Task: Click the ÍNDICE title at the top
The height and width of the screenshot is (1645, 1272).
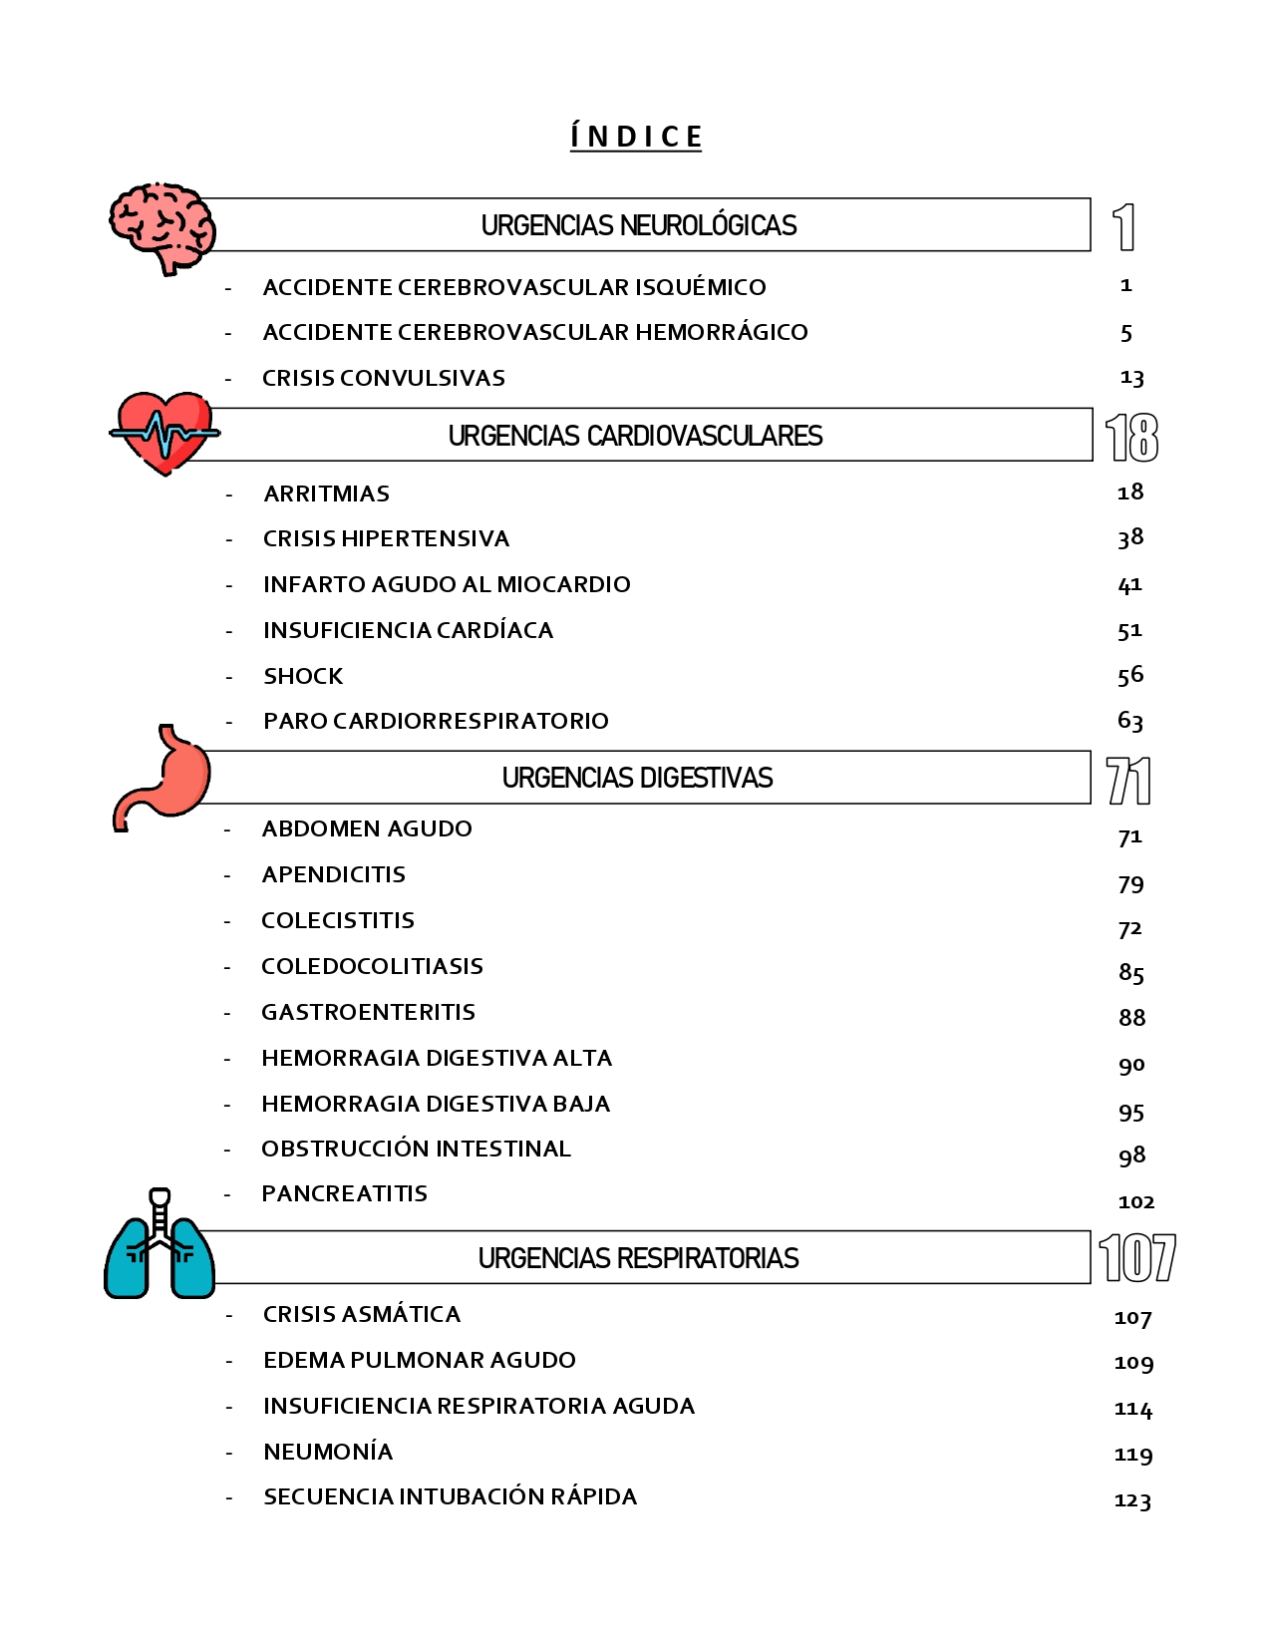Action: point(636,137)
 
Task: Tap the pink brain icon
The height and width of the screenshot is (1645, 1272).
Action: point(161,225)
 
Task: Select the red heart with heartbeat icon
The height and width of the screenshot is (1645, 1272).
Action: point(164,433)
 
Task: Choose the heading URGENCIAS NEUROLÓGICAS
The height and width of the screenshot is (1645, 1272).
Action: point(639,225)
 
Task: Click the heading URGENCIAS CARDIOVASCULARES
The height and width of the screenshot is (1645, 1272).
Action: point(635,436)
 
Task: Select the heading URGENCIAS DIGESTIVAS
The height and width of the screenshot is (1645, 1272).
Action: point(637,778)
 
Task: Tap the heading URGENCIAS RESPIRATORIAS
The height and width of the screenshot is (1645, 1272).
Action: point(638,1258)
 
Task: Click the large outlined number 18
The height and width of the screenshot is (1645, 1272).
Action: point(1131,438)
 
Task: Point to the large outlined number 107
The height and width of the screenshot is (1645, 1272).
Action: point(1136,1258)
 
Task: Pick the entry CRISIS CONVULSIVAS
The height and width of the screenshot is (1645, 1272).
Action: point(384,378)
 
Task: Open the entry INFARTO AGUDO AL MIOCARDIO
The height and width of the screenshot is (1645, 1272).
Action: point(447,584)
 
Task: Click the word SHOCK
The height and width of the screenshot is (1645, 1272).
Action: point(303,676)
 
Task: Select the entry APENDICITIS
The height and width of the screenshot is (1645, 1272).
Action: point(334,874)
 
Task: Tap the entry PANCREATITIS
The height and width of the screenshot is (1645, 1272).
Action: point(345,1193)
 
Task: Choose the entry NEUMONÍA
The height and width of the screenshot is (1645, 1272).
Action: point(328,1452)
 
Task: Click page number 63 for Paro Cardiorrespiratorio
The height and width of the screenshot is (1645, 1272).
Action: point(1130,720)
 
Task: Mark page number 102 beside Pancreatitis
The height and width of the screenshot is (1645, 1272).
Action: point(1135,1202)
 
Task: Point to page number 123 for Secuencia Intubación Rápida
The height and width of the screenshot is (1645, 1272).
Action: point(1132,1500)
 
